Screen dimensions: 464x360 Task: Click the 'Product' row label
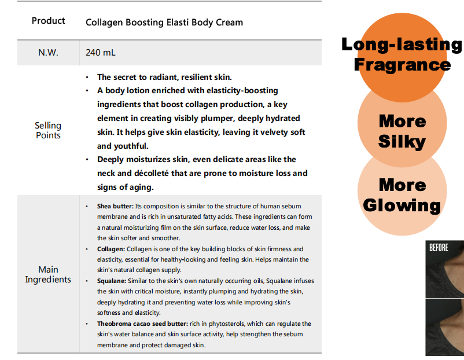click(x=48, y=21)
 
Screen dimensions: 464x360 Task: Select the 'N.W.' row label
click(x=48, y=53)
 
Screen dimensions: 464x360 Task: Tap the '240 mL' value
click(x=100, y=53)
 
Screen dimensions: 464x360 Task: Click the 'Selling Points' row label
click(x=48, y=130)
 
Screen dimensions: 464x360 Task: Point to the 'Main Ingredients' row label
click(x=48, y=274)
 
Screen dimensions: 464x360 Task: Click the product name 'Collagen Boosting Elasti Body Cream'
click(x=164, y=23)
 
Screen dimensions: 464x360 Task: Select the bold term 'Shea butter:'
click(x=115, y=206)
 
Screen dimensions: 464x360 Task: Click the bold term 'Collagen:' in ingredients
click(x=111, y=249)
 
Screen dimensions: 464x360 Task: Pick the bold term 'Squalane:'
click(x=112, y=281)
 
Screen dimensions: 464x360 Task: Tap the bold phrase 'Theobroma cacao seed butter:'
click(x=143, y=324)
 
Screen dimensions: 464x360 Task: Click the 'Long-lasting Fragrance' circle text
click(x=402, y=54)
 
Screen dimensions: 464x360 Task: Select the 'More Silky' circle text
click(x=402, y=131)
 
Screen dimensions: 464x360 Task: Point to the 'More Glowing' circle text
click(x=402, y=195)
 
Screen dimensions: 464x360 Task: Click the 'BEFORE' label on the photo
click(x=439, y=248)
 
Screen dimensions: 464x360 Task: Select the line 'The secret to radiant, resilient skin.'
click(x=164, y=78)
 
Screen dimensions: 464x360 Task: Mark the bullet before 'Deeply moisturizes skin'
click(x=87, y=160)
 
